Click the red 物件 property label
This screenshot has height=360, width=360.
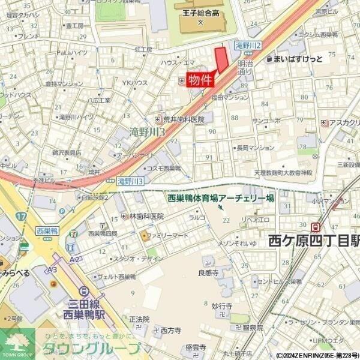tap(200, 79)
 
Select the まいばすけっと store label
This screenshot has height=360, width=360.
tap(298, 59)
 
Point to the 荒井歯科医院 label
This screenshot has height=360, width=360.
tap(184, 119)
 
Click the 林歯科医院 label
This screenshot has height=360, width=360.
tap(146, 216)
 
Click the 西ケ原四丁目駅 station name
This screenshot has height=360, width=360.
tap(313, 241)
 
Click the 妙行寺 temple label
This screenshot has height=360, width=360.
tap(221, 306)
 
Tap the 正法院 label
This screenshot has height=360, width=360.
tap(139, 319)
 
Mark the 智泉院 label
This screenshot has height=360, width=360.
tap(253, 328)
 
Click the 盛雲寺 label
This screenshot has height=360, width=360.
tap(195, 347)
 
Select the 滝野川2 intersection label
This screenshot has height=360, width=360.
tap(248, 46)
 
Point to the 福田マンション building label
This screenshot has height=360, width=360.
tap(230, 97)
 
